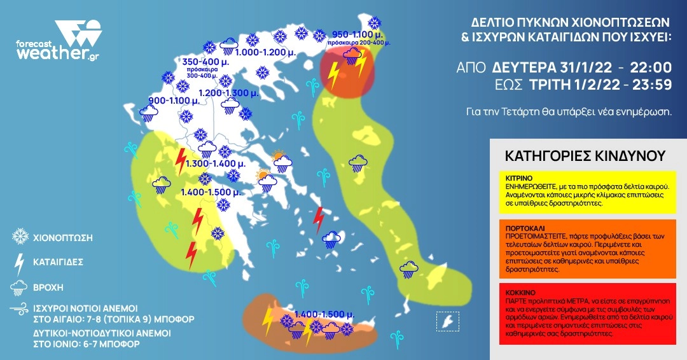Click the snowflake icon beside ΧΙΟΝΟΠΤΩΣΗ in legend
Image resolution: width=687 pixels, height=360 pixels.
tap(20, 237)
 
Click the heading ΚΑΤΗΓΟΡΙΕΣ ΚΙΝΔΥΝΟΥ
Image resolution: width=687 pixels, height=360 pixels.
tap(585, 156)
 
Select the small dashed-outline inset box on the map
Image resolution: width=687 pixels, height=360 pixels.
tap(447, 321)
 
